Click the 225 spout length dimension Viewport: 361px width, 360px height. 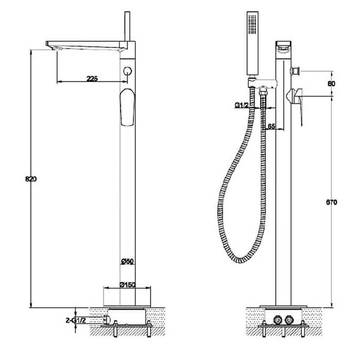[92, 78]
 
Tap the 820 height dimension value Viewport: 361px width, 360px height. [30, 179]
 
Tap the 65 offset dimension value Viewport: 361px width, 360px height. [271, 127]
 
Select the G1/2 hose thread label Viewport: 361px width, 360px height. [241, 106]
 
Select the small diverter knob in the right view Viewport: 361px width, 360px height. [296, 71]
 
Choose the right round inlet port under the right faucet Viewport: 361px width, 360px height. [288, 319]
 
